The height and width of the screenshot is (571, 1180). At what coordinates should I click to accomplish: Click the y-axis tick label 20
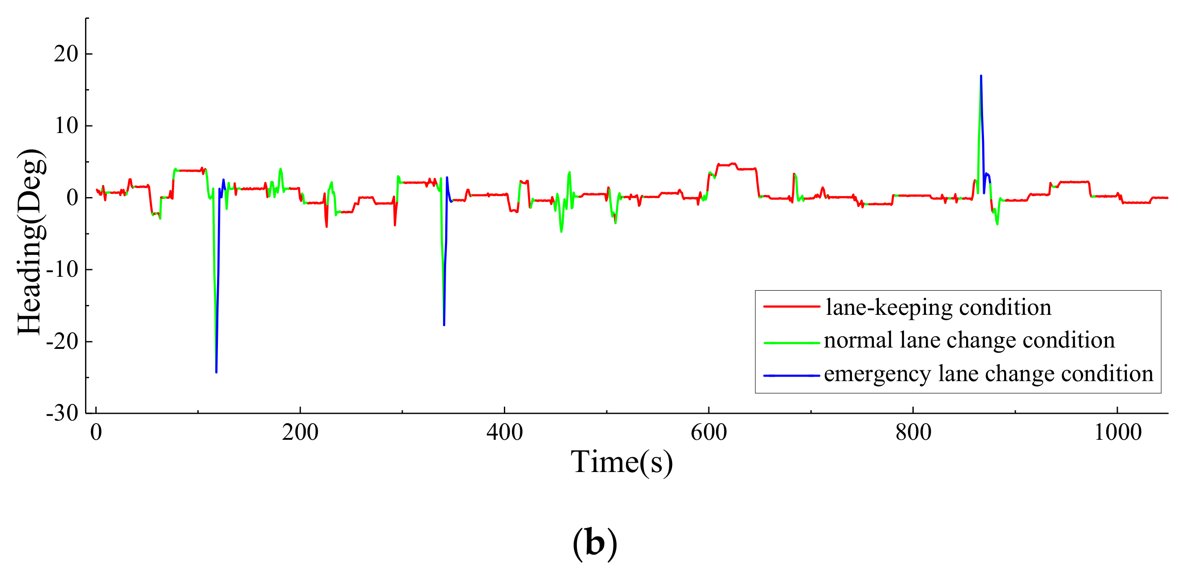pos(66,54)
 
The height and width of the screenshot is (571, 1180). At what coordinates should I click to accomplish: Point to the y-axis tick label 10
pos(66,126)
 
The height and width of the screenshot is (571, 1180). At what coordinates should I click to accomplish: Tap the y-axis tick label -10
pos(62,270)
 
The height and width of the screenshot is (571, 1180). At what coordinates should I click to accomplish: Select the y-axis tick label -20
pos(62,341)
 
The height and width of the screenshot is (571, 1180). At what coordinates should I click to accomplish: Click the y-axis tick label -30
pos(62,413)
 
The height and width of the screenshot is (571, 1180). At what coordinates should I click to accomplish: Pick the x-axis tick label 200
pos(300,433)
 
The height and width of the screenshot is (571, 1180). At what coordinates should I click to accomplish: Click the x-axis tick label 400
pos(504,433)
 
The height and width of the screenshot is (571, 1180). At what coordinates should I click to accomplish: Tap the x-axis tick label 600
pos(709,433)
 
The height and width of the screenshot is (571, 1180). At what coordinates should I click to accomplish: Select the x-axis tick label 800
pos(913,433)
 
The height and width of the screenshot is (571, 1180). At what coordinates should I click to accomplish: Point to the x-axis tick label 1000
pos(1118,433)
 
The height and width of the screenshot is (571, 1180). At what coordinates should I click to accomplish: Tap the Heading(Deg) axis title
pos(31,242)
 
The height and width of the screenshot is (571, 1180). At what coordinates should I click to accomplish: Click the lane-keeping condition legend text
pos(938,307)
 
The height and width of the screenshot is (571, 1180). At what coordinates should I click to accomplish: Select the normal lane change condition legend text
pos(969,340)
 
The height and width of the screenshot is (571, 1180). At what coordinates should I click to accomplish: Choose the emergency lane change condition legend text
pos(988,374)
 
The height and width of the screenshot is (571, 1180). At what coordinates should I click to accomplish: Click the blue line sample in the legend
pos(792,376)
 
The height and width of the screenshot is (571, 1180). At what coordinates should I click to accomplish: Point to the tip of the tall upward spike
pos(981,76)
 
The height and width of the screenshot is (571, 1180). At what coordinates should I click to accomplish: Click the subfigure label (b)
pos(595,544)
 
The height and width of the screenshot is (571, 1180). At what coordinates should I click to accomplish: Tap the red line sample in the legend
pos(792,307)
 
